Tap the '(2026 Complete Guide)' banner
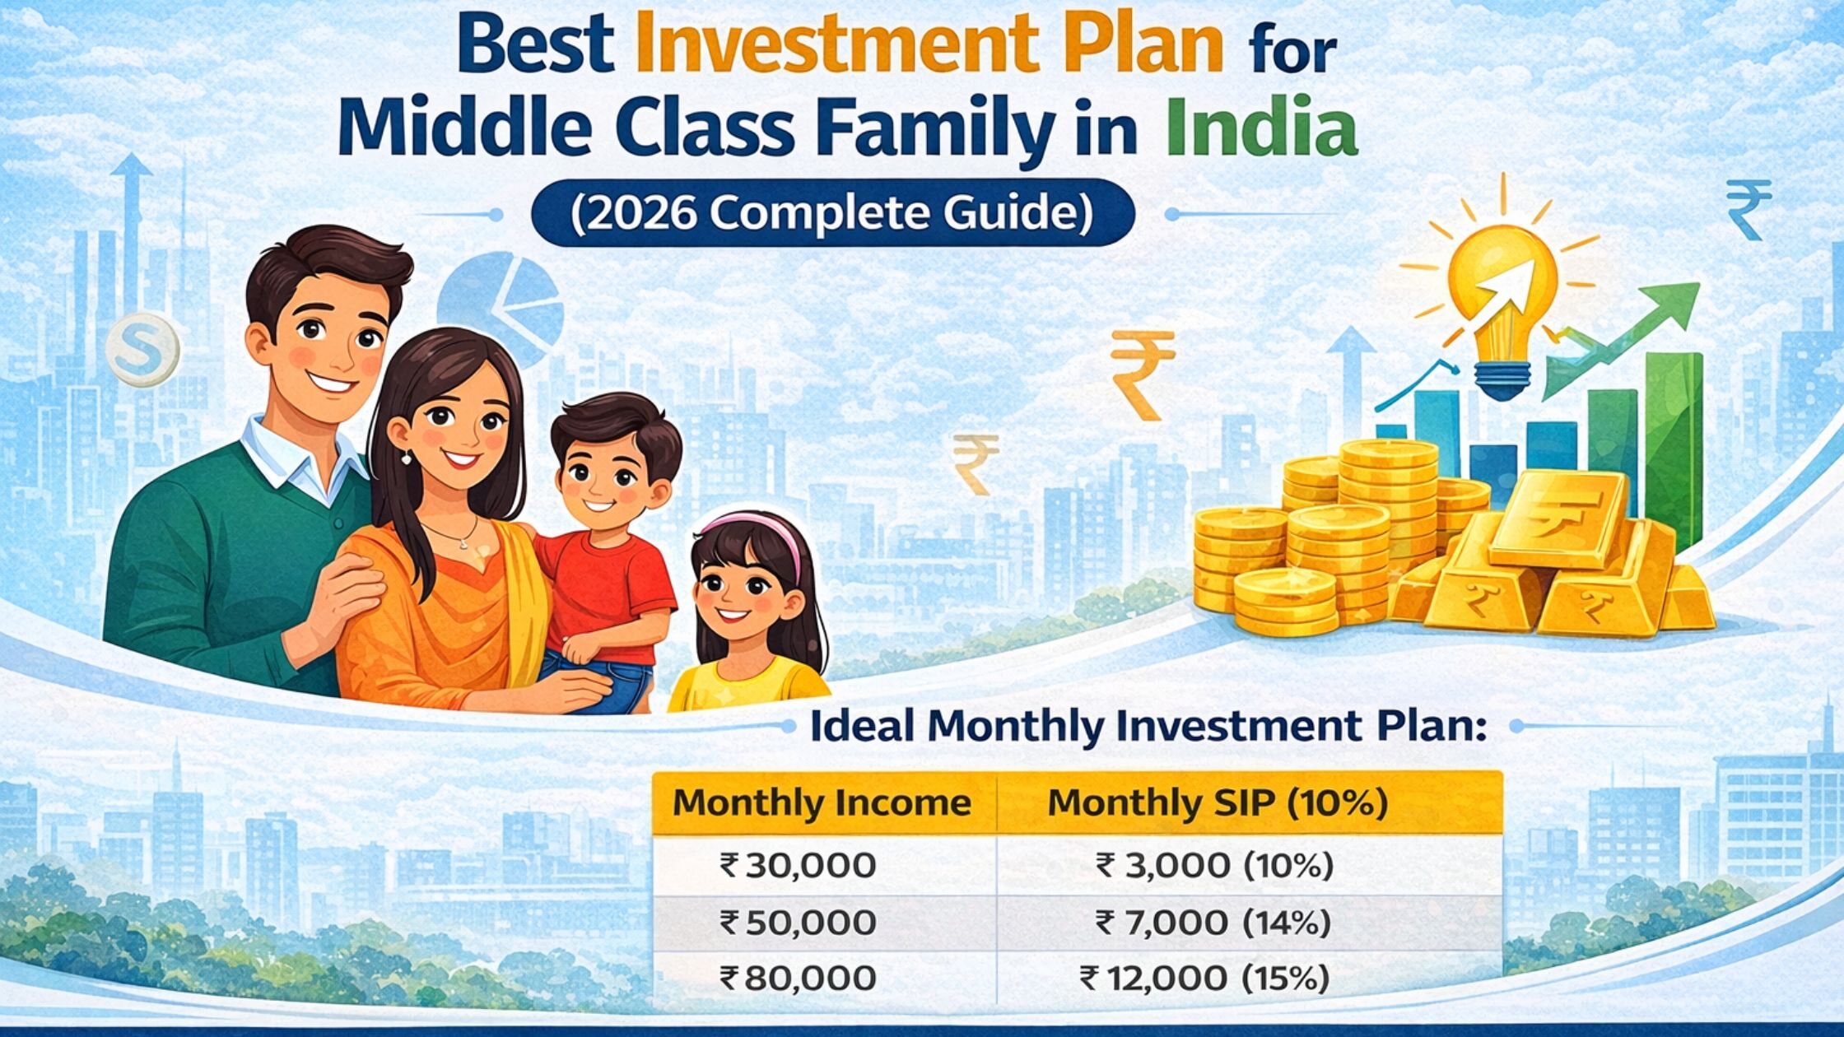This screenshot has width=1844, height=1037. (832, 214)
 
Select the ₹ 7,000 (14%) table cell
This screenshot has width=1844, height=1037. (1213, 923)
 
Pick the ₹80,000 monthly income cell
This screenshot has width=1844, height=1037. (798, 979)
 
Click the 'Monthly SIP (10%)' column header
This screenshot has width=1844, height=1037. (1218, 802)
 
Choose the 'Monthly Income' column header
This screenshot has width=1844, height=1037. (822, 802)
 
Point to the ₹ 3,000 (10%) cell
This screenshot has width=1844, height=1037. (1214, 866)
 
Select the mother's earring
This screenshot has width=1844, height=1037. (406, 457)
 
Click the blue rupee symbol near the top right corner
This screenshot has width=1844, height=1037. (1749, 210)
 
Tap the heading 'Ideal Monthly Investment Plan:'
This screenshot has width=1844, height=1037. (1148, 727)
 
